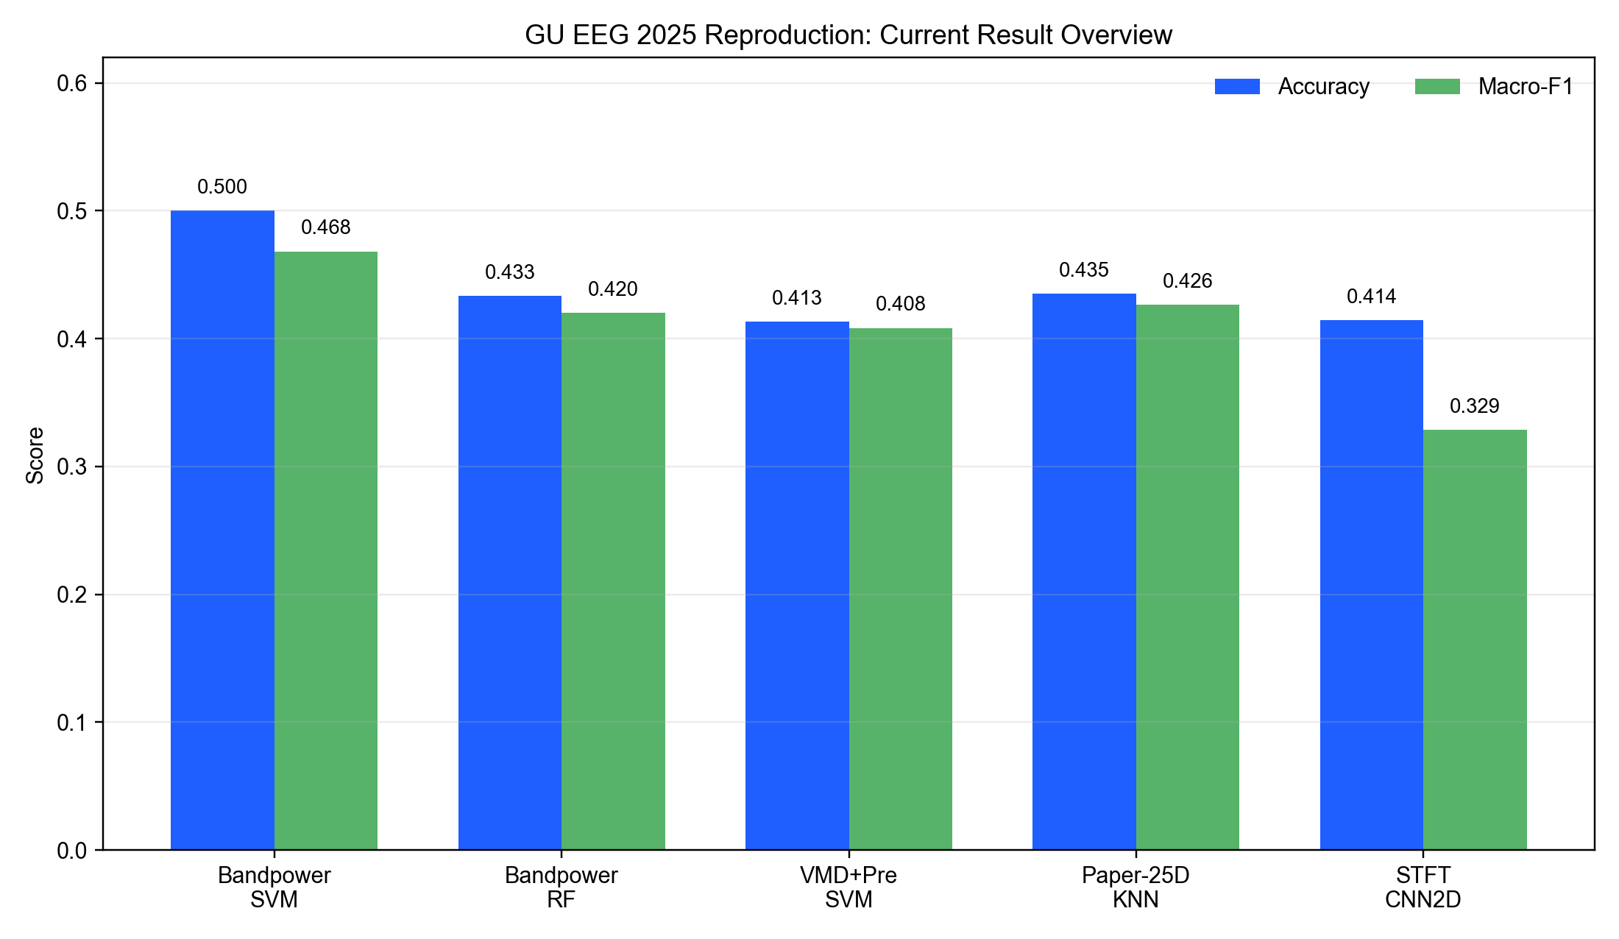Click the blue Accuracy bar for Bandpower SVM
click(222, 530)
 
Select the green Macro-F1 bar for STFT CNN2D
click(1475, 639)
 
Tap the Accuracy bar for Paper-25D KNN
click(1084, 572)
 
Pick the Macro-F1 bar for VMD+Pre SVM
click(901, 589)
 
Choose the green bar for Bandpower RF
click(613, 581)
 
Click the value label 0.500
click(222, 187)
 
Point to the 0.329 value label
click(1475, 406)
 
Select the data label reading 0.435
click(1084, 270)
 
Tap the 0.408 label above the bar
click(901, 304)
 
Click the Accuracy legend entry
click(1292, 87)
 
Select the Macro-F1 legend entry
click(1494, 87)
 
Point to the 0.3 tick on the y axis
click(72, 467)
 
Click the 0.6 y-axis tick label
click(72, 83)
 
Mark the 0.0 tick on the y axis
click(72, 850)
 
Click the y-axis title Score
click(35, 456)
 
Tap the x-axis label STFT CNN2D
click(1423, 887)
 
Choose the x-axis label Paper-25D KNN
click(1136, 887)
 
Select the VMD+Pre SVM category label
click(849, 887)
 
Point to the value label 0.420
click(613, 289)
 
